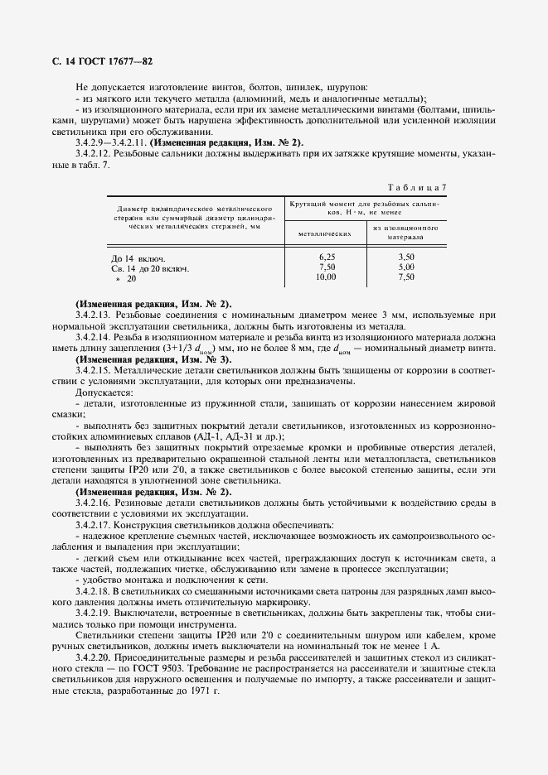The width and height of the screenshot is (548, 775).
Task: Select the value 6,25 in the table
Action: click(327, 258)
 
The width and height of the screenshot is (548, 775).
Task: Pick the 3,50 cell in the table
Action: click(405, 258)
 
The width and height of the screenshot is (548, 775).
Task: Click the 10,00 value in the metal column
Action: click(327, 277)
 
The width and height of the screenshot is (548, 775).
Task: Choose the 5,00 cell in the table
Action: click(405, 267)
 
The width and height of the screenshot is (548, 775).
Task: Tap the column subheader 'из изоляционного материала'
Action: click(405, 231)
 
